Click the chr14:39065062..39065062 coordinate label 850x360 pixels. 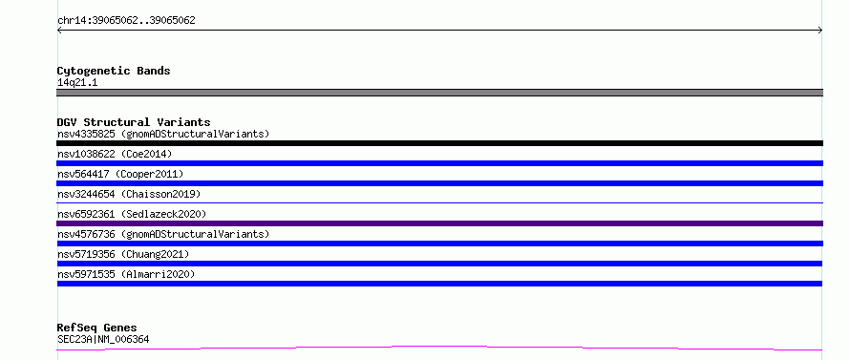click(126, 21)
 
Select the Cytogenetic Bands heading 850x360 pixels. click(114, 71)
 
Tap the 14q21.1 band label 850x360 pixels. click(77, 83)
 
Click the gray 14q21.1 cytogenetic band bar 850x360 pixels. click(439, 93)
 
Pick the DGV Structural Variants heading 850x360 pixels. click(134, 122)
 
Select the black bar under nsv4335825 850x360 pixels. click(439, 143)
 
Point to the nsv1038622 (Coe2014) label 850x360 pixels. click(115, 154)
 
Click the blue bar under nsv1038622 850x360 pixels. click(439, 163)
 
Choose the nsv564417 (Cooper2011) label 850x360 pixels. click(120, 174)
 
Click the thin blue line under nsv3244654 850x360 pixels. click(439, 202)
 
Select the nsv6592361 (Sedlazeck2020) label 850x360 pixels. click(132, 214)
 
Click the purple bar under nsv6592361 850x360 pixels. click(439, 223)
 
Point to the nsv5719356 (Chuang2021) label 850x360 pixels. click(123, 254)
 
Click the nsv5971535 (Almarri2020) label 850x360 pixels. click(126, 274)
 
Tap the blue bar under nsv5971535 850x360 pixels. click(439, 284)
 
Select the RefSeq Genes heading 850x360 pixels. click(97, 328)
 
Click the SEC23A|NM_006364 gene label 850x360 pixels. click(103, 339)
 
